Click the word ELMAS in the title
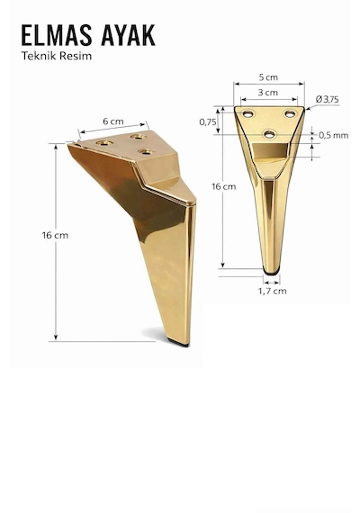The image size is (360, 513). (57, 35)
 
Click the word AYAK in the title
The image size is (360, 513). (128, 35)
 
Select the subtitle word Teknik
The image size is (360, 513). (36, 56)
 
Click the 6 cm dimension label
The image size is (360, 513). (113, 121)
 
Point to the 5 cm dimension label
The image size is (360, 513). (268, 77)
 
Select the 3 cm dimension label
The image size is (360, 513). (267, 93)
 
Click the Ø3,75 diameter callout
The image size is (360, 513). (328, 99)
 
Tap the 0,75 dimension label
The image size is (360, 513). (208, 122)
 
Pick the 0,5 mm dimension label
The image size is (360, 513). (334, 135)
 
